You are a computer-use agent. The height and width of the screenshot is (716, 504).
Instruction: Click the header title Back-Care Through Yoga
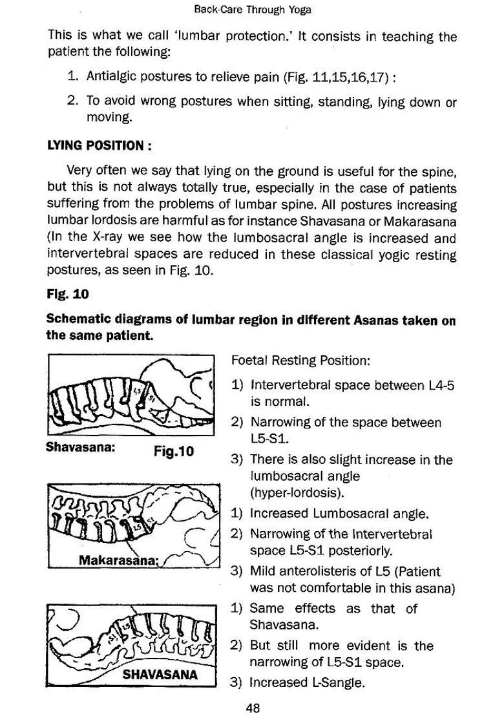(253, 10)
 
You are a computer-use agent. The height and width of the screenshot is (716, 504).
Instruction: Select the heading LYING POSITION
(99, 145)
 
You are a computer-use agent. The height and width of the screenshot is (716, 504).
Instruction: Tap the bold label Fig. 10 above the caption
(67, 294)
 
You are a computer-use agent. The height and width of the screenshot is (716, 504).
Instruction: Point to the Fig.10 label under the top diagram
(174, 451)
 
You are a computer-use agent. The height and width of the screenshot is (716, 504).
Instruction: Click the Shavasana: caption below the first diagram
(81, 447)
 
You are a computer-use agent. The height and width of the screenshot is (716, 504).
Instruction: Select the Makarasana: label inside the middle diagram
(118, 560)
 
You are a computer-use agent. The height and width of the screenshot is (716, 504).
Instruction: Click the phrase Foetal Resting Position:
(300, 361)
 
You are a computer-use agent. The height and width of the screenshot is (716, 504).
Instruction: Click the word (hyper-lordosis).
(288, 493)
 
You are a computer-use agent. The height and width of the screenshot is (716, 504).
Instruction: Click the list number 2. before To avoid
(73, 101)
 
